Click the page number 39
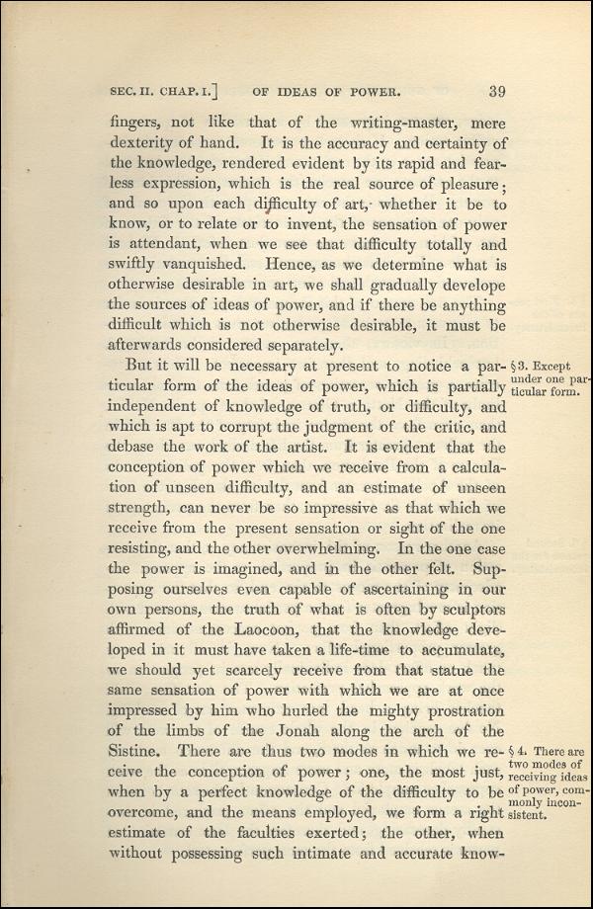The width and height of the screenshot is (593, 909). pos(496,94)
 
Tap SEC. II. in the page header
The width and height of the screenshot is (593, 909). pos(133,95)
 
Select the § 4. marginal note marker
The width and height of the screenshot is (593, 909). pos(520,751)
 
